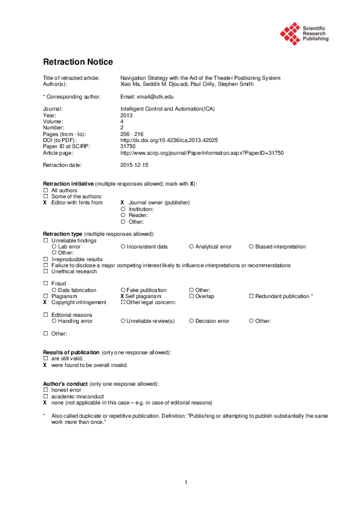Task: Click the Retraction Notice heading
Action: [77, 62]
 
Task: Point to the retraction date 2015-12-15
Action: [134, 164]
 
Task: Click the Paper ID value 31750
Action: [128, 146]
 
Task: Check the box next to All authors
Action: [45, 190]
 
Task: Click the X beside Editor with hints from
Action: [45, 203]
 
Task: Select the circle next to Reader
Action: [123, 215]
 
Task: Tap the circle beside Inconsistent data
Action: [123, 247]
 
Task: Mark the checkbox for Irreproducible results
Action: [45, 259]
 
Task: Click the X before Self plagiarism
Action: [122, 296]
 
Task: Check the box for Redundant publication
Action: [251, 296]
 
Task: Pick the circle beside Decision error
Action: [191, 321]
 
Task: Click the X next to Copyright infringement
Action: [45, 302]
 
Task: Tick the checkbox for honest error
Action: [45, 390]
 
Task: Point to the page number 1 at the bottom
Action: [186, 482]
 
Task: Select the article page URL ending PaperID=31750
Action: [201, 152]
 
